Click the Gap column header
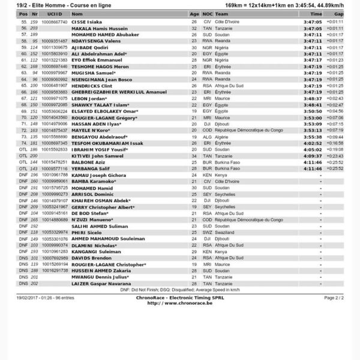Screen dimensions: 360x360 [x=338, y=13]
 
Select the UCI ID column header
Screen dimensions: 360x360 [x=55, y=13]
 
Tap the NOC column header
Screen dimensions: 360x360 [x=208, y=13]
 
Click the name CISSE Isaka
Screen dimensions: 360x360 [x=87, y=21]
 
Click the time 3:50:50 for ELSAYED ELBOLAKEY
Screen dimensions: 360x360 [x=313, y=111]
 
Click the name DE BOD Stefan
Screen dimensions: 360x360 [x=89, y=213]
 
